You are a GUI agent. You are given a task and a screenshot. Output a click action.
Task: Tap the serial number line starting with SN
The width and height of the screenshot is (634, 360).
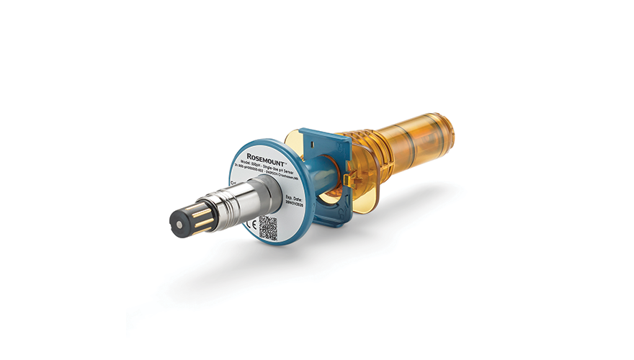point(274,174)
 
